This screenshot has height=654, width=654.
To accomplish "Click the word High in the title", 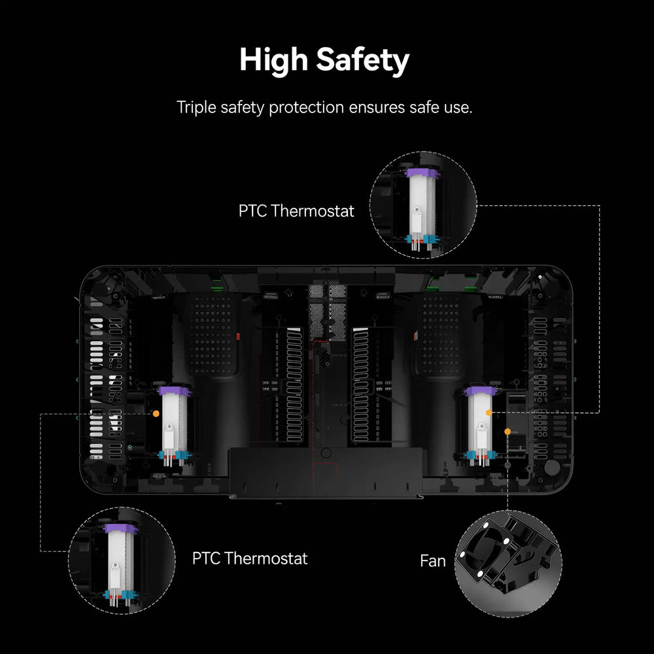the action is coord(273,60).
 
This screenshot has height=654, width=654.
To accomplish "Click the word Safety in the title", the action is coord(362,60).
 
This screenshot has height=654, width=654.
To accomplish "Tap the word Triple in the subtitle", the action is coord(196,108).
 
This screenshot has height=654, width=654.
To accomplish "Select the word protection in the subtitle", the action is coord(307,108).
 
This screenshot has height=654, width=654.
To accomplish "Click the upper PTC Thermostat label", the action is coord(296,211).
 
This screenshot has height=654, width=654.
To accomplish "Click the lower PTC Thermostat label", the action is coord(250,559).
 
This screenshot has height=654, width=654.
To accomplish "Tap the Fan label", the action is coord(432,561).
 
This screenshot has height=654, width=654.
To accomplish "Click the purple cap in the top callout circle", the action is coord(422,173).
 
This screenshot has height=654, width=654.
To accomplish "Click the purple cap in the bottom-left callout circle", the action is coord(120,528).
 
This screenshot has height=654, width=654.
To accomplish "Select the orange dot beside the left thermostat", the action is coord(156,413).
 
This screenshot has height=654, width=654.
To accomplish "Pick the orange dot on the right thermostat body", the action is coord(489,413).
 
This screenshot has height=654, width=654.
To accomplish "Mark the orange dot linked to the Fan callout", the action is coord(508,431).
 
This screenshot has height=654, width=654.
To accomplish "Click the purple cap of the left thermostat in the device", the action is coord(174,391).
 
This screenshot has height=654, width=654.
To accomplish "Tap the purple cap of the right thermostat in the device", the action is coord(481,391).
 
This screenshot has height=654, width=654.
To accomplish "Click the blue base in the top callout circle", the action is coord(422,239).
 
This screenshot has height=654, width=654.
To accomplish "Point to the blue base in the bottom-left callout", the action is coord(120,594).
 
